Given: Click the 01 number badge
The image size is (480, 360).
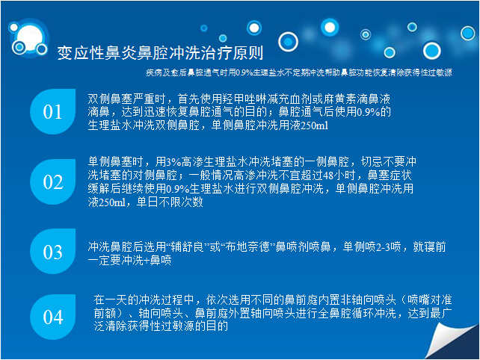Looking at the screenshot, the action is [52, 111].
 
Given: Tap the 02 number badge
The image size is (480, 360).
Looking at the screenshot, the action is [52, 181].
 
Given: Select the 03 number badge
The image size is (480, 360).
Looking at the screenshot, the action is [52, 252].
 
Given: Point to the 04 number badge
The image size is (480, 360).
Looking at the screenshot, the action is [52, 317].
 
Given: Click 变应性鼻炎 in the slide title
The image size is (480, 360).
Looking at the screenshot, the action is [96, 52].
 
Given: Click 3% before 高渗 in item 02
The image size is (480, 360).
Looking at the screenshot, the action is [173, 161].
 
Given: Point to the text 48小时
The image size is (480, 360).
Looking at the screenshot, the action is [339, 176].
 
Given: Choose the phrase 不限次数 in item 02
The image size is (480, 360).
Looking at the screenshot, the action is [181, 202].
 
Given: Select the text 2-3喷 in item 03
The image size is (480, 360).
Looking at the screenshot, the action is [388, 246].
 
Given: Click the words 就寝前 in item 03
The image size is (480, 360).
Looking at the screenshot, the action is [429, 246].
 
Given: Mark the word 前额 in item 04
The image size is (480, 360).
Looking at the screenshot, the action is [105, 313].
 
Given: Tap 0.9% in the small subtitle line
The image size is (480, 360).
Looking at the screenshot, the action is [244, 72].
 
